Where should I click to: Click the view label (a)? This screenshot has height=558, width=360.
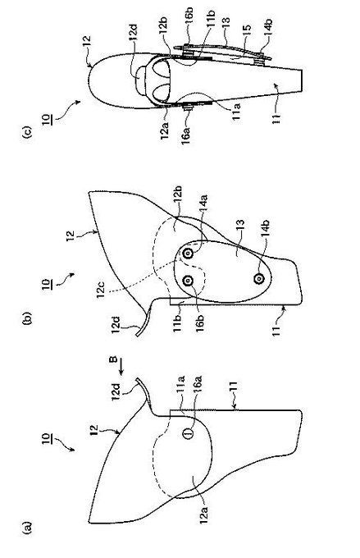(x=28, y=528)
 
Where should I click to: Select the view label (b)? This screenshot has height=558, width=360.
(x=28, y=318)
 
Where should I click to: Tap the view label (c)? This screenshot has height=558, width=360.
(x=28, y=131)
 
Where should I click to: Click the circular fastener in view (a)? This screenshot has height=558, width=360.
(x=188, y=433)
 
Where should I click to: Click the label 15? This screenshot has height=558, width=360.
(x=246, y=30)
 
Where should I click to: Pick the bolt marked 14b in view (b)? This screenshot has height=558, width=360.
(x=258, y=278)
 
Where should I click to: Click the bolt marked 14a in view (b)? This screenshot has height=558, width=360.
(x=188, y=254)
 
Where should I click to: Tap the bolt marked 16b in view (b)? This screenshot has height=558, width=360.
(x=188, y=281)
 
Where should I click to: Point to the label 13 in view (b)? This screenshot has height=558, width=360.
(x=241, y=226)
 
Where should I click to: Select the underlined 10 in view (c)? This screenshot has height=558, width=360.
(x=48, y=118)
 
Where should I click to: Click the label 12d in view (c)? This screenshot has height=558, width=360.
(x=133, y=34)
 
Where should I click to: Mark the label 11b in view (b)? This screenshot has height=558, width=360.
(x=177, y=322)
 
